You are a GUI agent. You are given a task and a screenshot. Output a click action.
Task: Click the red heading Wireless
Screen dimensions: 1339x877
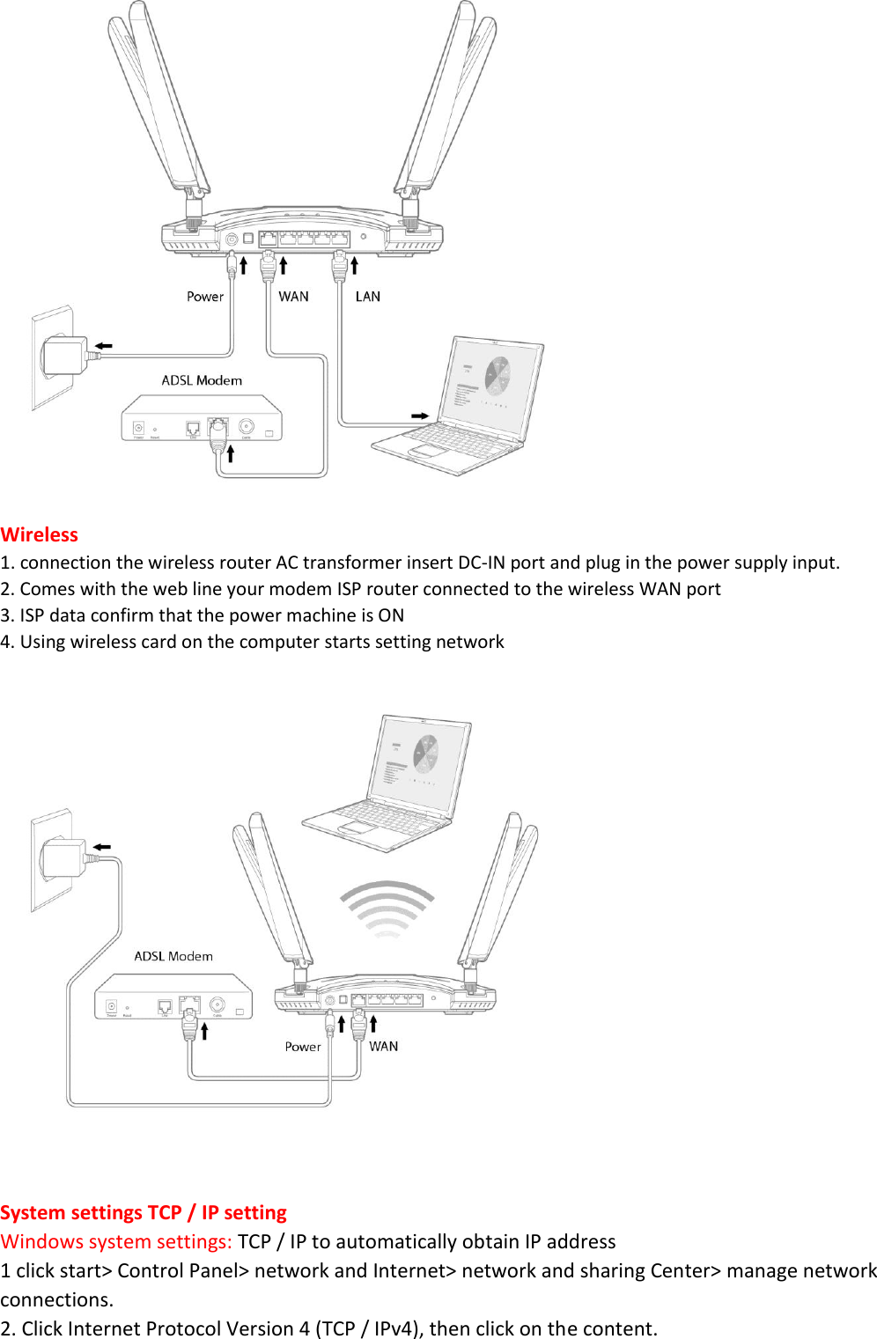click(x=40, y=534)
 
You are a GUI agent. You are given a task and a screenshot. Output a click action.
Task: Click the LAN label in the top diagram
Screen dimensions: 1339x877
click(x=367, y=297)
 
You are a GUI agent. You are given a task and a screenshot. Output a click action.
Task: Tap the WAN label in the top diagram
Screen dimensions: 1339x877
click(x=293, y=297)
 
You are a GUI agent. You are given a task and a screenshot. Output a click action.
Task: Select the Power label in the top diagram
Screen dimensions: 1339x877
click(x=205, y=297)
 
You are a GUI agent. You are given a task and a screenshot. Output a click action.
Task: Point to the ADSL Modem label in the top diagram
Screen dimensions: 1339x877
click(x=202, y=380)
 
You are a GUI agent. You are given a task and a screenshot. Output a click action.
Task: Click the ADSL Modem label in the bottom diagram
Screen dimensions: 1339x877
click(x=173, y=956)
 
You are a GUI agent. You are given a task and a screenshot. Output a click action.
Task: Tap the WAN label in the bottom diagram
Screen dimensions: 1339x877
click(x=383, y=1046)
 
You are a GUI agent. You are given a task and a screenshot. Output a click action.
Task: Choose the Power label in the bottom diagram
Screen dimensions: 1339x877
click(x=303, y=1047)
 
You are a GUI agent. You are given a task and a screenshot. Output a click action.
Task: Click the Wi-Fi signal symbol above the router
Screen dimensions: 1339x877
click(x=387, y=908)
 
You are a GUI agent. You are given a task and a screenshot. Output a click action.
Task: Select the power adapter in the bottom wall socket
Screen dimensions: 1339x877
click(x=64, y=857)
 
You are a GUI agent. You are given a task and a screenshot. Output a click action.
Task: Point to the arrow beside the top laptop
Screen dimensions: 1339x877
click(x=420, y=416)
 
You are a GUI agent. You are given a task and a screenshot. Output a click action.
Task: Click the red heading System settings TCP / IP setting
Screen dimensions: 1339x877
click(x=144, y=1212)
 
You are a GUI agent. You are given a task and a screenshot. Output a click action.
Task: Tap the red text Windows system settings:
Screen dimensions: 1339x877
click(x=116, y=1241)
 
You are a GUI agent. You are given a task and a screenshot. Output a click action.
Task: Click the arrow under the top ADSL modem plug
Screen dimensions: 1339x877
click(x=231, y=453)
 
